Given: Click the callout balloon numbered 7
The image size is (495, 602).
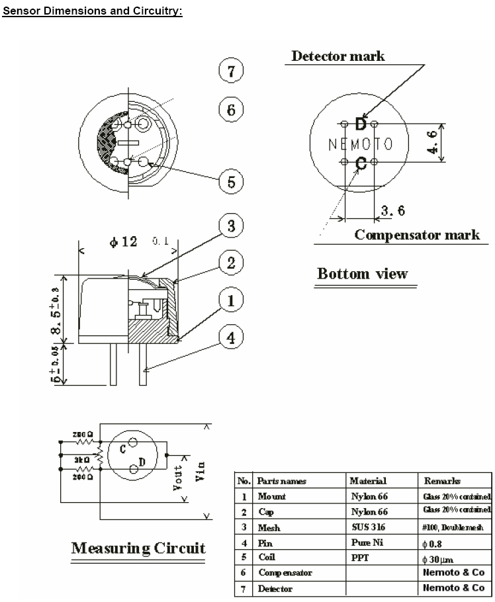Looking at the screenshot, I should (231, 71).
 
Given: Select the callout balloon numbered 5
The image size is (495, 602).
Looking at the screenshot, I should (231, 181).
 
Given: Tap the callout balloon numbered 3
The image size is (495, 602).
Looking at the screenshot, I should (231, 226).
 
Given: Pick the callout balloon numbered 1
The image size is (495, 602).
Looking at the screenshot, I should (231, 302).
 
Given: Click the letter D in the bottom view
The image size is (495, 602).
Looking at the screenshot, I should (361, 124).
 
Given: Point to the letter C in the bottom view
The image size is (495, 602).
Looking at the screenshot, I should (361, 163).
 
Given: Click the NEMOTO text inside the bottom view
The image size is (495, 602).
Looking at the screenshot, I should (361, 144).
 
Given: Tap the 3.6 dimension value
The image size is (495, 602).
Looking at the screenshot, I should (393, 211).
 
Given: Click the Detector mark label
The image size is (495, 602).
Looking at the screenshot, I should (338, 56).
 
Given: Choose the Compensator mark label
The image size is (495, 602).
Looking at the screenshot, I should (417, 235).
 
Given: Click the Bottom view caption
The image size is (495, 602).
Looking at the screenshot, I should (362, 273).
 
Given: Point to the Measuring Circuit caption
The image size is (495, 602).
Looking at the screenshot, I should (138, 548).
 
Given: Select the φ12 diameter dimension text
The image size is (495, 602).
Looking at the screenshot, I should (123, 242).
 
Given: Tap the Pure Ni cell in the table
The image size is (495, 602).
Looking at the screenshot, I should (363, 542).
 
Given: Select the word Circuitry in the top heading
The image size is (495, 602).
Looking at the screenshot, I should (153, 13).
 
